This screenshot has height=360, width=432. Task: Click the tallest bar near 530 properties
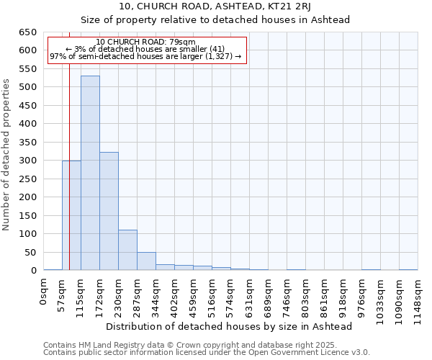point(90,173)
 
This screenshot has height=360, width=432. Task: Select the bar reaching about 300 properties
point(71,215)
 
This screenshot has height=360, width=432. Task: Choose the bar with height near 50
point(146,261)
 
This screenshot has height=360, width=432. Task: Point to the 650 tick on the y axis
point(28,32)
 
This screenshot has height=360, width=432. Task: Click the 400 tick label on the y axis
point(28,124)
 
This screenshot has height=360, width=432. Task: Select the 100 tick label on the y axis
point(28,234)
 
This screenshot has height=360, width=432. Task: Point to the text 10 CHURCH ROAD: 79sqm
point(145,42)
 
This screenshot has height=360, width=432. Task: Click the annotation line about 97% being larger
point(145,57)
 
